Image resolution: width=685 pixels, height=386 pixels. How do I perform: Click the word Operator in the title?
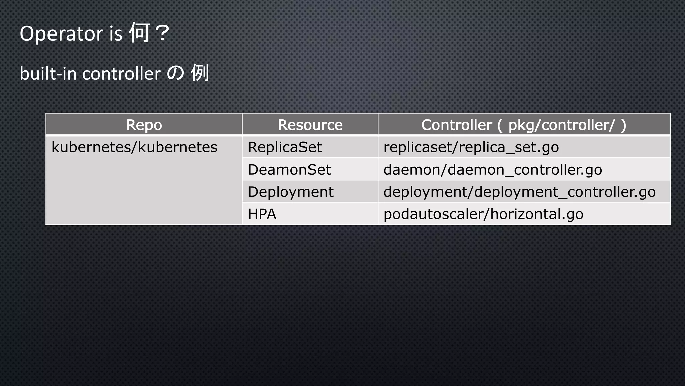point(61,34)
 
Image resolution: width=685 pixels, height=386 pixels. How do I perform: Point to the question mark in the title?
point(163,33)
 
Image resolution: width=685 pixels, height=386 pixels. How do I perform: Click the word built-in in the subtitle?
point(48,73)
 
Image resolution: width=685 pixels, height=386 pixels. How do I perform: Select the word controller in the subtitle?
point(121,74)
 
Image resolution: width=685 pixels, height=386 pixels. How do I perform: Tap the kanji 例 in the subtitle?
point(200,73)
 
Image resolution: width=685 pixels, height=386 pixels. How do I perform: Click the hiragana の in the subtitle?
point(175,73)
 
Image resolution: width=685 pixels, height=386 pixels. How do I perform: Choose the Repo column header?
point(144,125)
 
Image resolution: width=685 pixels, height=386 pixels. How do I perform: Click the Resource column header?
point(310,125)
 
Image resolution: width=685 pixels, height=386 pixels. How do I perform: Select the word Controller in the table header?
point(457,125)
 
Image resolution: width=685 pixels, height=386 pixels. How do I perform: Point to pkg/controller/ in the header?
point(561,125)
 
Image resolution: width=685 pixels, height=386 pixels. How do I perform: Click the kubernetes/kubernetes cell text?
point(134,147)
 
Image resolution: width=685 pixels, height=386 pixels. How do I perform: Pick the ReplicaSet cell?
point(285,147)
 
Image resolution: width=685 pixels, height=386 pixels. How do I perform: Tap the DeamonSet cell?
point(289,170)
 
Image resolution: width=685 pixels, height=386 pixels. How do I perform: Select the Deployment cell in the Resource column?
point(291,192)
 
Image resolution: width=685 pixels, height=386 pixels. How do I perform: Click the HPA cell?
point(262,214)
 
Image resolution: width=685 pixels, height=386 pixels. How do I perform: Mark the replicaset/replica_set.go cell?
point(471,147)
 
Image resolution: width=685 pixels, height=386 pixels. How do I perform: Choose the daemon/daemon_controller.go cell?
point(493,170)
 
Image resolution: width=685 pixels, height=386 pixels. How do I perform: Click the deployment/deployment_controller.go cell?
point(519,192)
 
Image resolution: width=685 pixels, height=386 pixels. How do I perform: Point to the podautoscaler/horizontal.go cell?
point(483,214)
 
